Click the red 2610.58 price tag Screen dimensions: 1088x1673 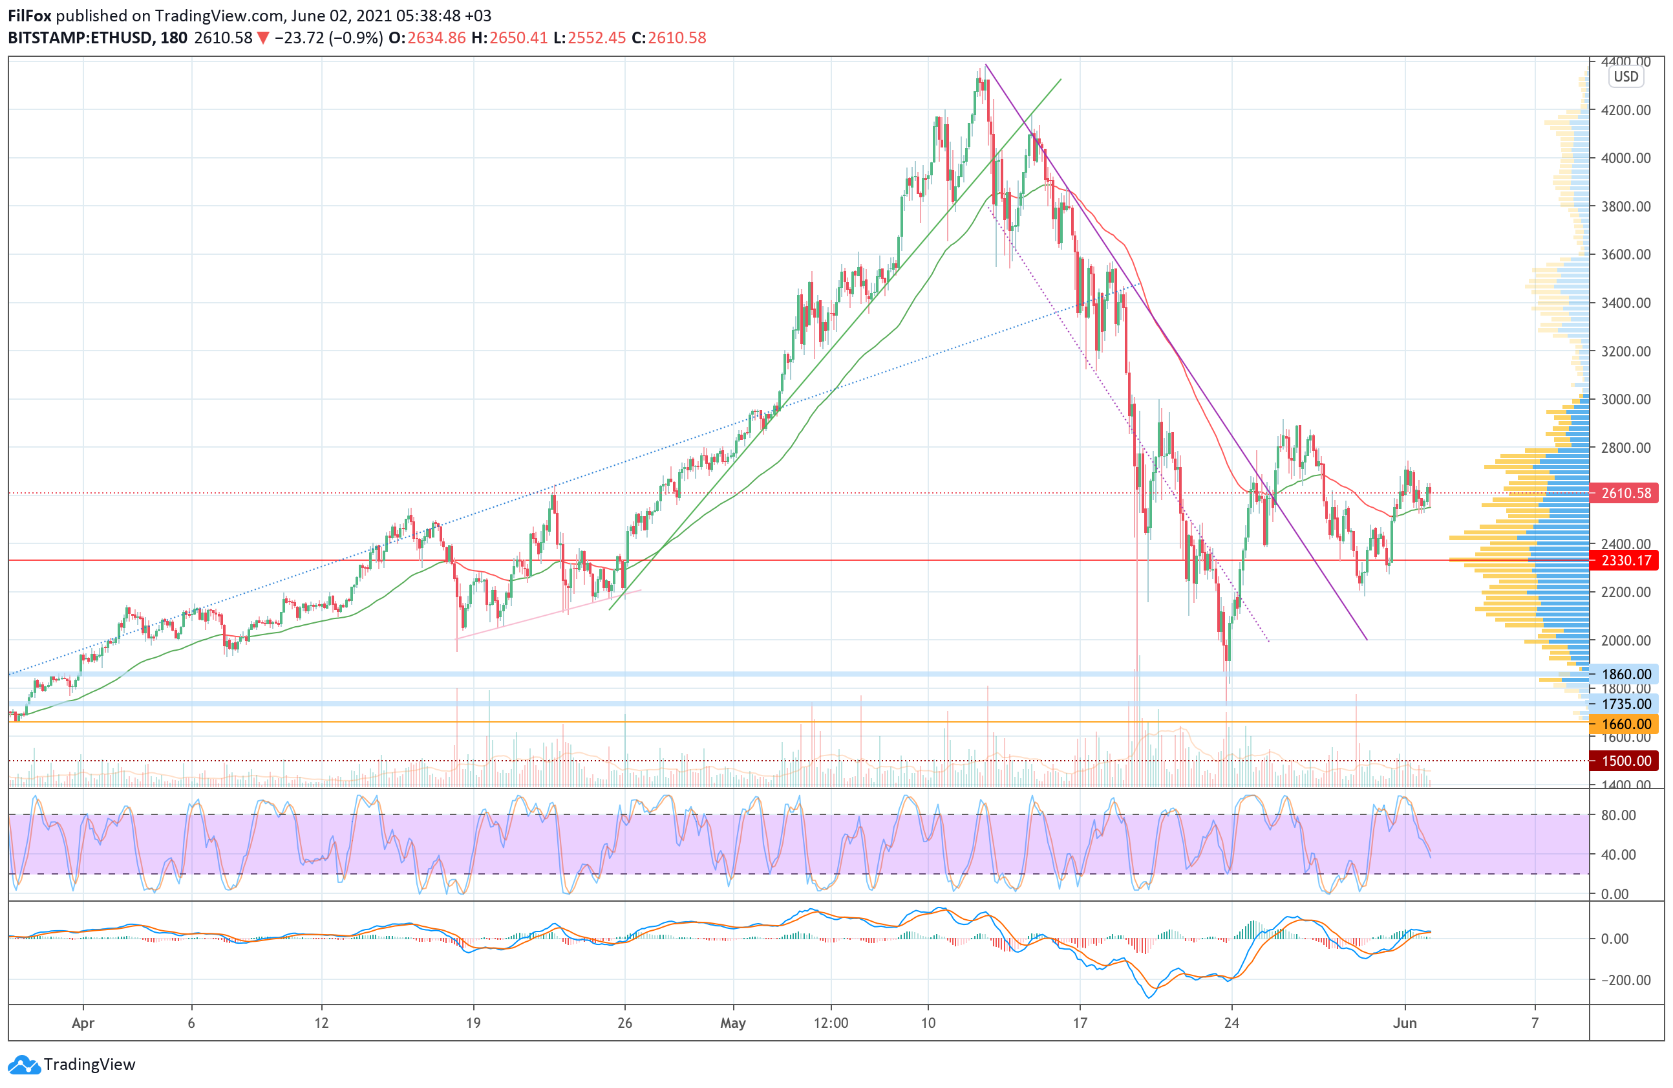[1625, 493]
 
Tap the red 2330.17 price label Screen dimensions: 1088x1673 [1625, 561]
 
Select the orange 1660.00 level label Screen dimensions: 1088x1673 [1625, 724]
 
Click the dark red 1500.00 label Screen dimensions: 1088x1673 [1625, 761]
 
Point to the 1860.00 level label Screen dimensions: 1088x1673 [1625, 675]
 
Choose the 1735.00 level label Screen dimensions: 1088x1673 [1625, 704]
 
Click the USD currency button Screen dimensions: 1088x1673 [1625, 77]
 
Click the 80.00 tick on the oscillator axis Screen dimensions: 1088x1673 [1617, 815]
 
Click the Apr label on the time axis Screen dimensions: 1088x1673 [83, 1023]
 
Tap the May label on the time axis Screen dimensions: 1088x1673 [732, 1023]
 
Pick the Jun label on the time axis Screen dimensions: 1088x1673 [1404, 1023]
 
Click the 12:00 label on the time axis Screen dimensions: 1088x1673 [830, 1023]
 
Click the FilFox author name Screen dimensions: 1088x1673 [30, 16]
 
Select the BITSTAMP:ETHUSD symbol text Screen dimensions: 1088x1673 [80, 38]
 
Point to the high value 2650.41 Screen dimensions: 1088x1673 [518, 38]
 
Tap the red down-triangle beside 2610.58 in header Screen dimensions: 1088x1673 [263, 38]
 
